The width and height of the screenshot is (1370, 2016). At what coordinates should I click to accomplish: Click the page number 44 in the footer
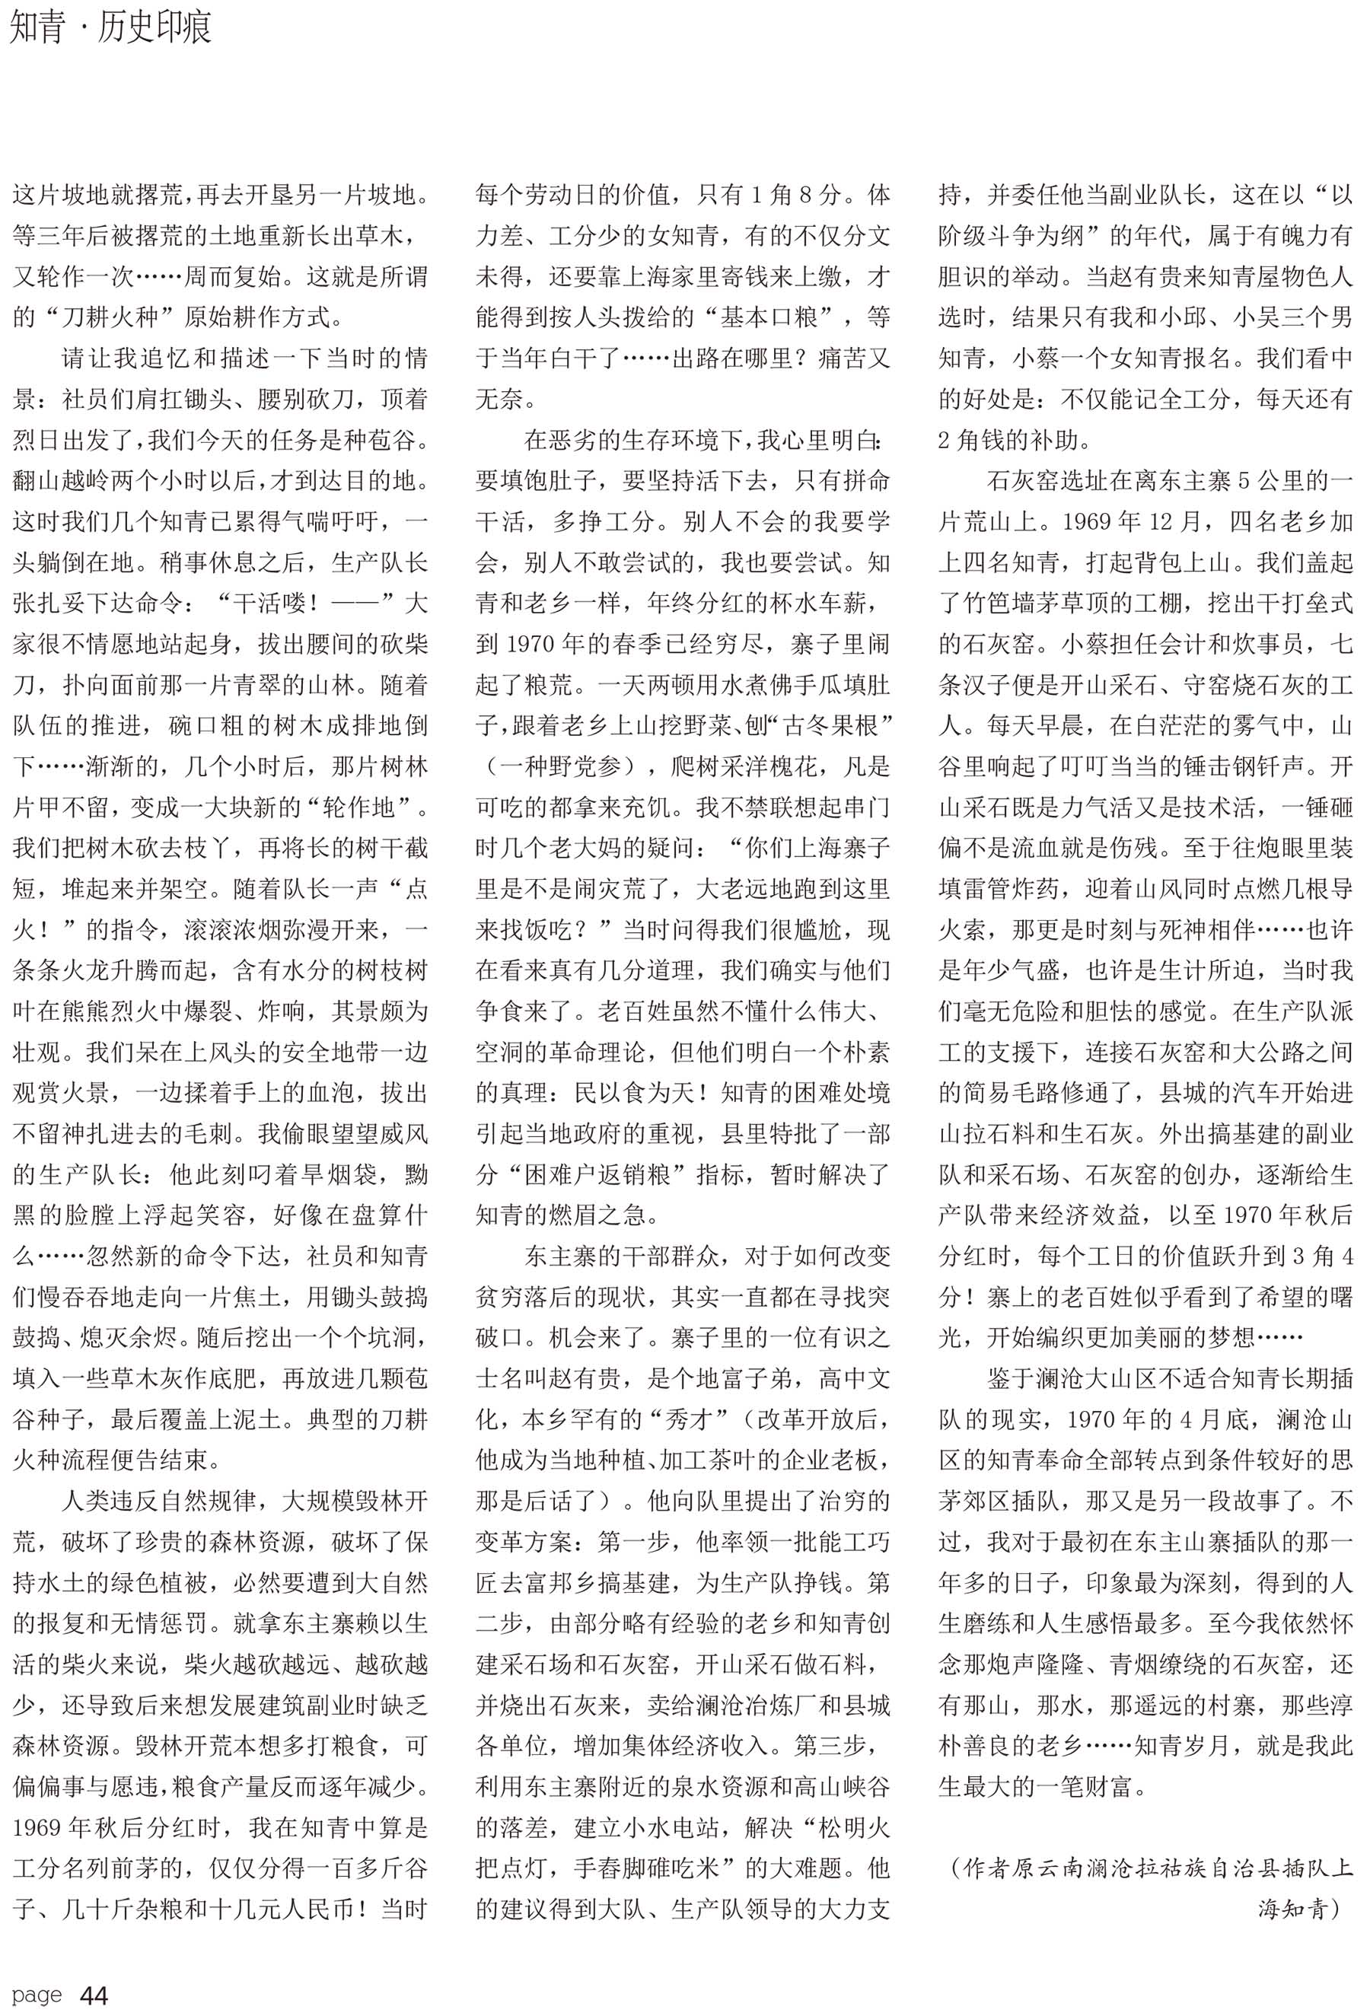(x=94, y=1995)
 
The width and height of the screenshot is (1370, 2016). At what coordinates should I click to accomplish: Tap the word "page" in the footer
(x=37, y=1995)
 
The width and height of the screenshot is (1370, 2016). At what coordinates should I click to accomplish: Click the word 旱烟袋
(x=336, y=1175)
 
